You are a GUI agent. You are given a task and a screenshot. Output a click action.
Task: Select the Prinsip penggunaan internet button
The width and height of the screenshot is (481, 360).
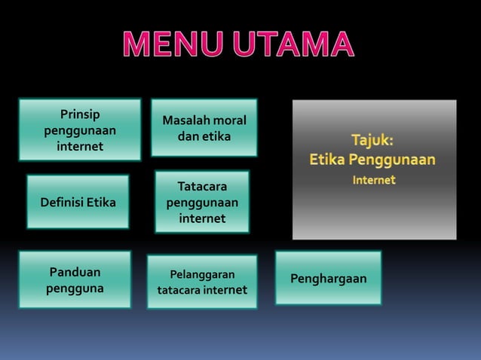coord(79,130)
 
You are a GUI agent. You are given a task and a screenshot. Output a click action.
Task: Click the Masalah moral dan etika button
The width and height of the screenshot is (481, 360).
coord(204,127)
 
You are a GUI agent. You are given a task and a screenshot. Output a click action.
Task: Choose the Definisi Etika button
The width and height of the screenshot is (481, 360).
coord(78,202)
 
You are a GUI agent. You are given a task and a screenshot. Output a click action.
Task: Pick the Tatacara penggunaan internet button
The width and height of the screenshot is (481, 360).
coord(201,202)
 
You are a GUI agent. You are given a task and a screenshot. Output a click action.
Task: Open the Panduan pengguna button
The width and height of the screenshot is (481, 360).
coord(75,279)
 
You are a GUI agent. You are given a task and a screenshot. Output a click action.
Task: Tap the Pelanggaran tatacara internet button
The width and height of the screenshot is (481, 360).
coord(201,282)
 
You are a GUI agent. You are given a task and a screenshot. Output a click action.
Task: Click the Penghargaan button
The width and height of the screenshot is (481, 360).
coord(328,279)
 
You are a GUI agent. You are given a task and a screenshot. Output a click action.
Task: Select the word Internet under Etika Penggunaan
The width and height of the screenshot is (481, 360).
coord(375,180)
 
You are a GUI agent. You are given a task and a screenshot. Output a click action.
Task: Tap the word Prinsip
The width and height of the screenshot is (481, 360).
coord(79,114)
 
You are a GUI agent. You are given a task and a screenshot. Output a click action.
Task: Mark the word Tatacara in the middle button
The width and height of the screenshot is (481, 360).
coord(201,186)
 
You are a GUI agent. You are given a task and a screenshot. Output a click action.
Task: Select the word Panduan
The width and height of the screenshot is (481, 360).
coord(75,272)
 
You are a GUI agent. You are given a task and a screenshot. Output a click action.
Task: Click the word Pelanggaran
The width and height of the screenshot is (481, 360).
coord(201,274)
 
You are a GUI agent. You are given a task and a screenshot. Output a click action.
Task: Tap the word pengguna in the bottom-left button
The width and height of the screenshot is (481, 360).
coord(75,288)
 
